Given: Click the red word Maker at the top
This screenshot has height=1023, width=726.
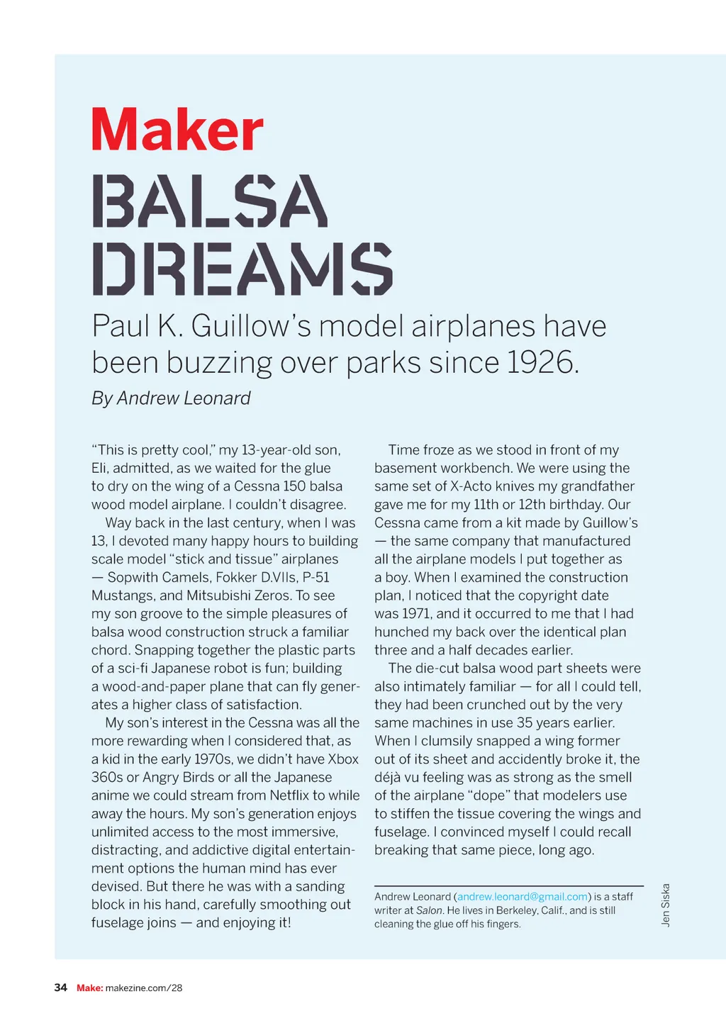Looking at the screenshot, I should [177, 129].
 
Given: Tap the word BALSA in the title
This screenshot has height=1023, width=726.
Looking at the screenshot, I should [210, 201].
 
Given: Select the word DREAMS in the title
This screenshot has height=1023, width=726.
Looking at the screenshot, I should [242, 269].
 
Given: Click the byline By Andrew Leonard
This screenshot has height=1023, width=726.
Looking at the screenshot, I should [171, 398].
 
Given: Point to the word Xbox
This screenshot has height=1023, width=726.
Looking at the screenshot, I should [343, 759].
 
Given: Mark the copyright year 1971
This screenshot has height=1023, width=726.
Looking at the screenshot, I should [416, 614].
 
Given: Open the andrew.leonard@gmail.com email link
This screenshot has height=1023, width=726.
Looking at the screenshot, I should [523, 897].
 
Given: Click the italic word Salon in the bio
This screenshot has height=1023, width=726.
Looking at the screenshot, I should [429, 910].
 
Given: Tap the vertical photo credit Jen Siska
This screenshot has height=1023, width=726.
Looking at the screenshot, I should [665, 905].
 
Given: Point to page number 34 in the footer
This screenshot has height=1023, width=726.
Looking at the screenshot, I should [61, 988].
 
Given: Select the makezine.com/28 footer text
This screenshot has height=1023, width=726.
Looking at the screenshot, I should [144, 988].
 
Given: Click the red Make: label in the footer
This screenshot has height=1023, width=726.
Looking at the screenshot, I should [89, 988].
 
